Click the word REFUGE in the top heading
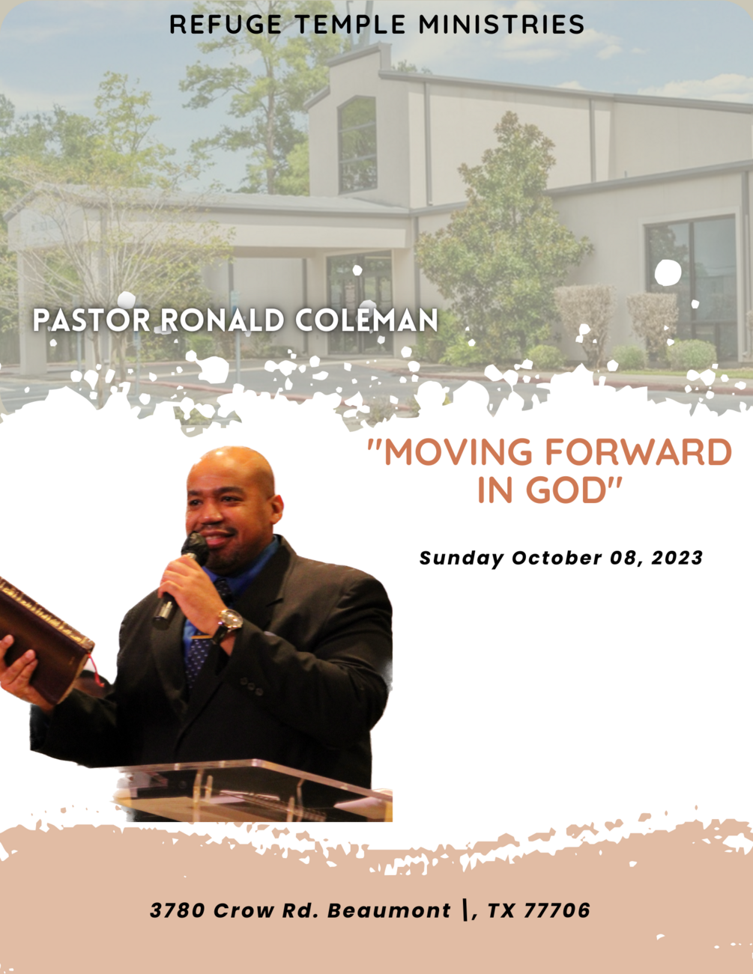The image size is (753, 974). (x=226, y=25)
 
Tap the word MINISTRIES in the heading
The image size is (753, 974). (x=501, y=25)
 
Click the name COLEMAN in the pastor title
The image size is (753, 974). (x=366, y=320)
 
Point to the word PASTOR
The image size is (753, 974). (x=91, y=320)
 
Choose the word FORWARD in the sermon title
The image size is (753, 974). (x=638, y=453)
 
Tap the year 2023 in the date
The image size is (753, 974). (x=677, y=558)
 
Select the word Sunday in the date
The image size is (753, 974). (x=461, y=558)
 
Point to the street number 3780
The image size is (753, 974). (x=177, y=910)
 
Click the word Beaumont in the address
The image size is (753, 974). (x=389, y=910)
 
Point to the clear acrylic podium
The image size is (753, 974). (x=255, y=790)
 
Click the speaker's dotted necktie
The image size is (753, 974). (x=199, y=651)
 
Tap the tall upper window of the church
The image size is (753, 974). (x=357, y=144)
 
